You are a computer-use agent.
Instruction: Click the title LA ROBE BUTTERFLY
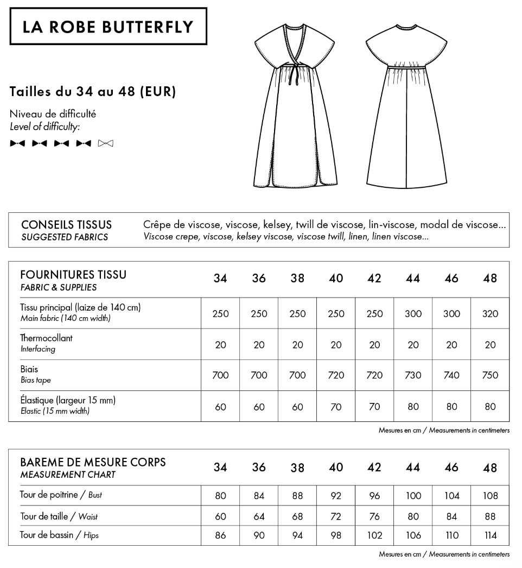(x=109, y=27)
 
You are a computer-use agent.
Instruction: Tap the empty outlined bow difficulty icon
(x=106, y=143)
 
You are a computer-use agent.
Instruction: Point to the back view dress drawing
(x=406, y=106)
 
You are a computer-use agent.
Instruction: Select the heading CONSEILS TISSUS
(x=66, y=225)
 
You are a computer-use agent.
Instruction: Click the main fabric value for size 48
(x=490, y=313)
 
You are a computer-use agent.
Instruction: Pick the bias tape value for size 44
(x=413, y=375)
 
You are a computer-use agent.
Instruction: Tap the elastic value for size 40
(x=336, y=406)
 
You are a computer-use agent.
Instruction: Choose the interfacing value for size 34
(x=220, y=344)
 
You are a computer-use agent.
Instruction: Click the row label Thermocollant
(x=46, y=338)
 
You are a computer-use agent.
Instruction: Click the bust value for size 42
(x=374, y=496)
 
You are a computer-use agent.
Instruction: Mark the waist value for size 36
(x=259, y=516)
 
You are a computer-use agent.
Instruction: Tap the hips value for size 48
(x=490, y=535)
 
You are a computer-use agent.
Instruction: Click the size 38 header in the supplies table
(x=297, y=279)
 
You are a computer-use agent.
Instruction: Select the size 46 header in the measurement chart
(x=451, y=468)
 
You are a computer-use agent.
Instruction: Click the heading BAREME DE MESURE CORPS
(x=93, y=463)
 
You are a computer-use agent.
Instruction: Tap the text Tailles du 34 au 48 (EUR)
(x=93, y=92)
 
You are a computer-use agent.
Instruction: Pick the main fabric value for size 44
(x=413, y=313)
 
